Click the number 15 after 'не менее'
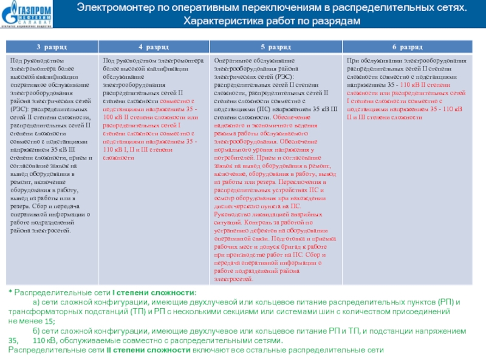click(x=49, y=322)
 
